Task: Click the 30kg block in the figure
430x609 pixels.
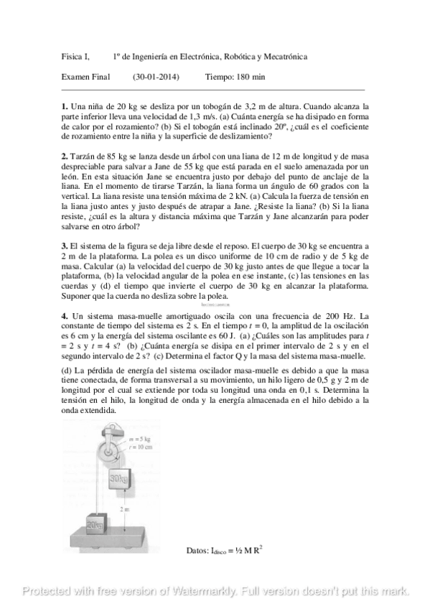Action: point(119,477)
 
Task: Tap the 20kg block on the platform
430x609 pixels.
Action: point(95,524)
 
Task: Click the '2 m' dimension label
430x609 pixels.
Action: point(126,508)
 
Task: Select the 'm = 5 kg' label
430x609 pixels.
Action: point(139,438)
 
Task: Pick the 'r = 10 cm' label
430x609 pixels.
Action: point(140,447)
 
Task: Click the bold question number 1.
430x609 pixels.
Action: point(65,106)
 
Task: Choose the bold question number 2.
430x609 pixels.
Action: point(65,156)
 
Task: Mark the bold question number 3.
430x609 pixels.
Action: point(65,246)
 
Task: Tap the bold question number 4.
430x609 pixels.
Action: point(65,316)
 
